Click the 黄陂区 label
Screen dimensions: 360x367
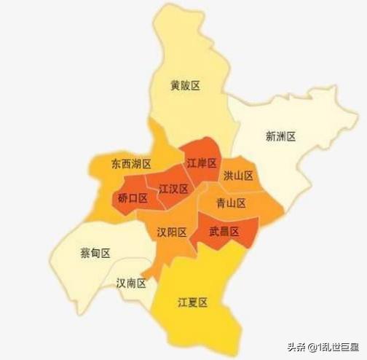(x=185, y=85)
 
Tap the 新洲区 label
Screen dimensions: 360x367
(x=280, y=136)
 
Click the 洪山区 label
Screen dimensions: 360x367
(x=239, y=176)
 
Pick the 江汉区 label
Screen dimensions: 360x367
(x=174, y=189)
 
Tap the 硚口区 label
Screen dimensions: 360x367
(x=133, y=198)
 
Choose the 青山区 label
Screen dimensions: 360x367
(x=232, y=203)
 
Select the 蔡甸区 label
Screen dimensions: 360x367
(x=95, y=253)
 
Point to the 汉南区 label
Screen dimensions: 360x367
(x=132, y=282)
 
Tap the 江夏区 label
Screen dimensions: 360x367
(x=193, y=302)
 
